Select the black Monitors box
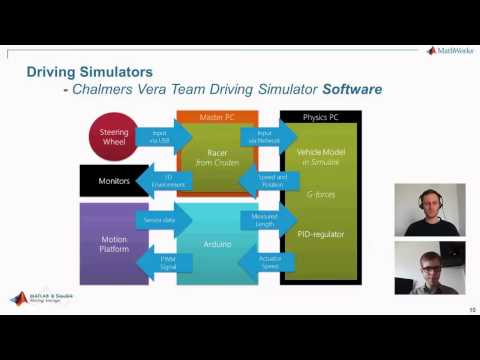[113, 181]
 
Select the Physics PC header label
[320, 117]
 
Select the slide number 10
[471, 310]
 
